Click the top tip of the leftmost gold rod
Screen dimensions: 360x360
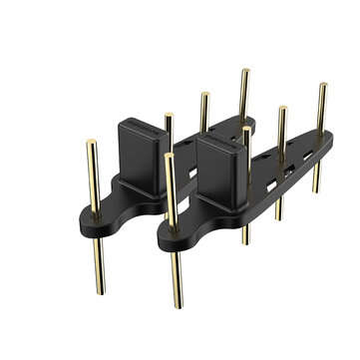tap(91, 143)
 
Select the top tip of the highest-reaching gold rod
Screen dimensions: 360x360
tap(244, 71)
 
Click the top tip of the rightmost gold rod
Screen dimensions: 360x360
tap(322, 85)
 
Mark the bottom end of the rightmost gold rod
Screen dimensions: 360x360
tap(316, 189)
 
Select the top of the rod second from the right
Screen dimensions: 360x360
tap(282, 109)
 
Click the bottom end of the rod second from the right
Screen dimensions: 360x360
tap(279, 216)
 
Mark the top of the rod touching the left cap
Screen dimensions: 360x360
tap(169, 116)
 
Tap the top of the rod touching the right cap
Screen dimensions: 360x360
tap(245, 130)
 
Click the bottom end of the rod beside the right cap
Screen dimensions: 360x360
tap(245, 241)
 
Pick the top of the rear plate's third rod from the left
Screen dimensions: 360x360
tap(204, 95)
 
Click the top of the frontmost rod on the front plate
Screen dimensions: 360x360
tap(171, 156)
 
